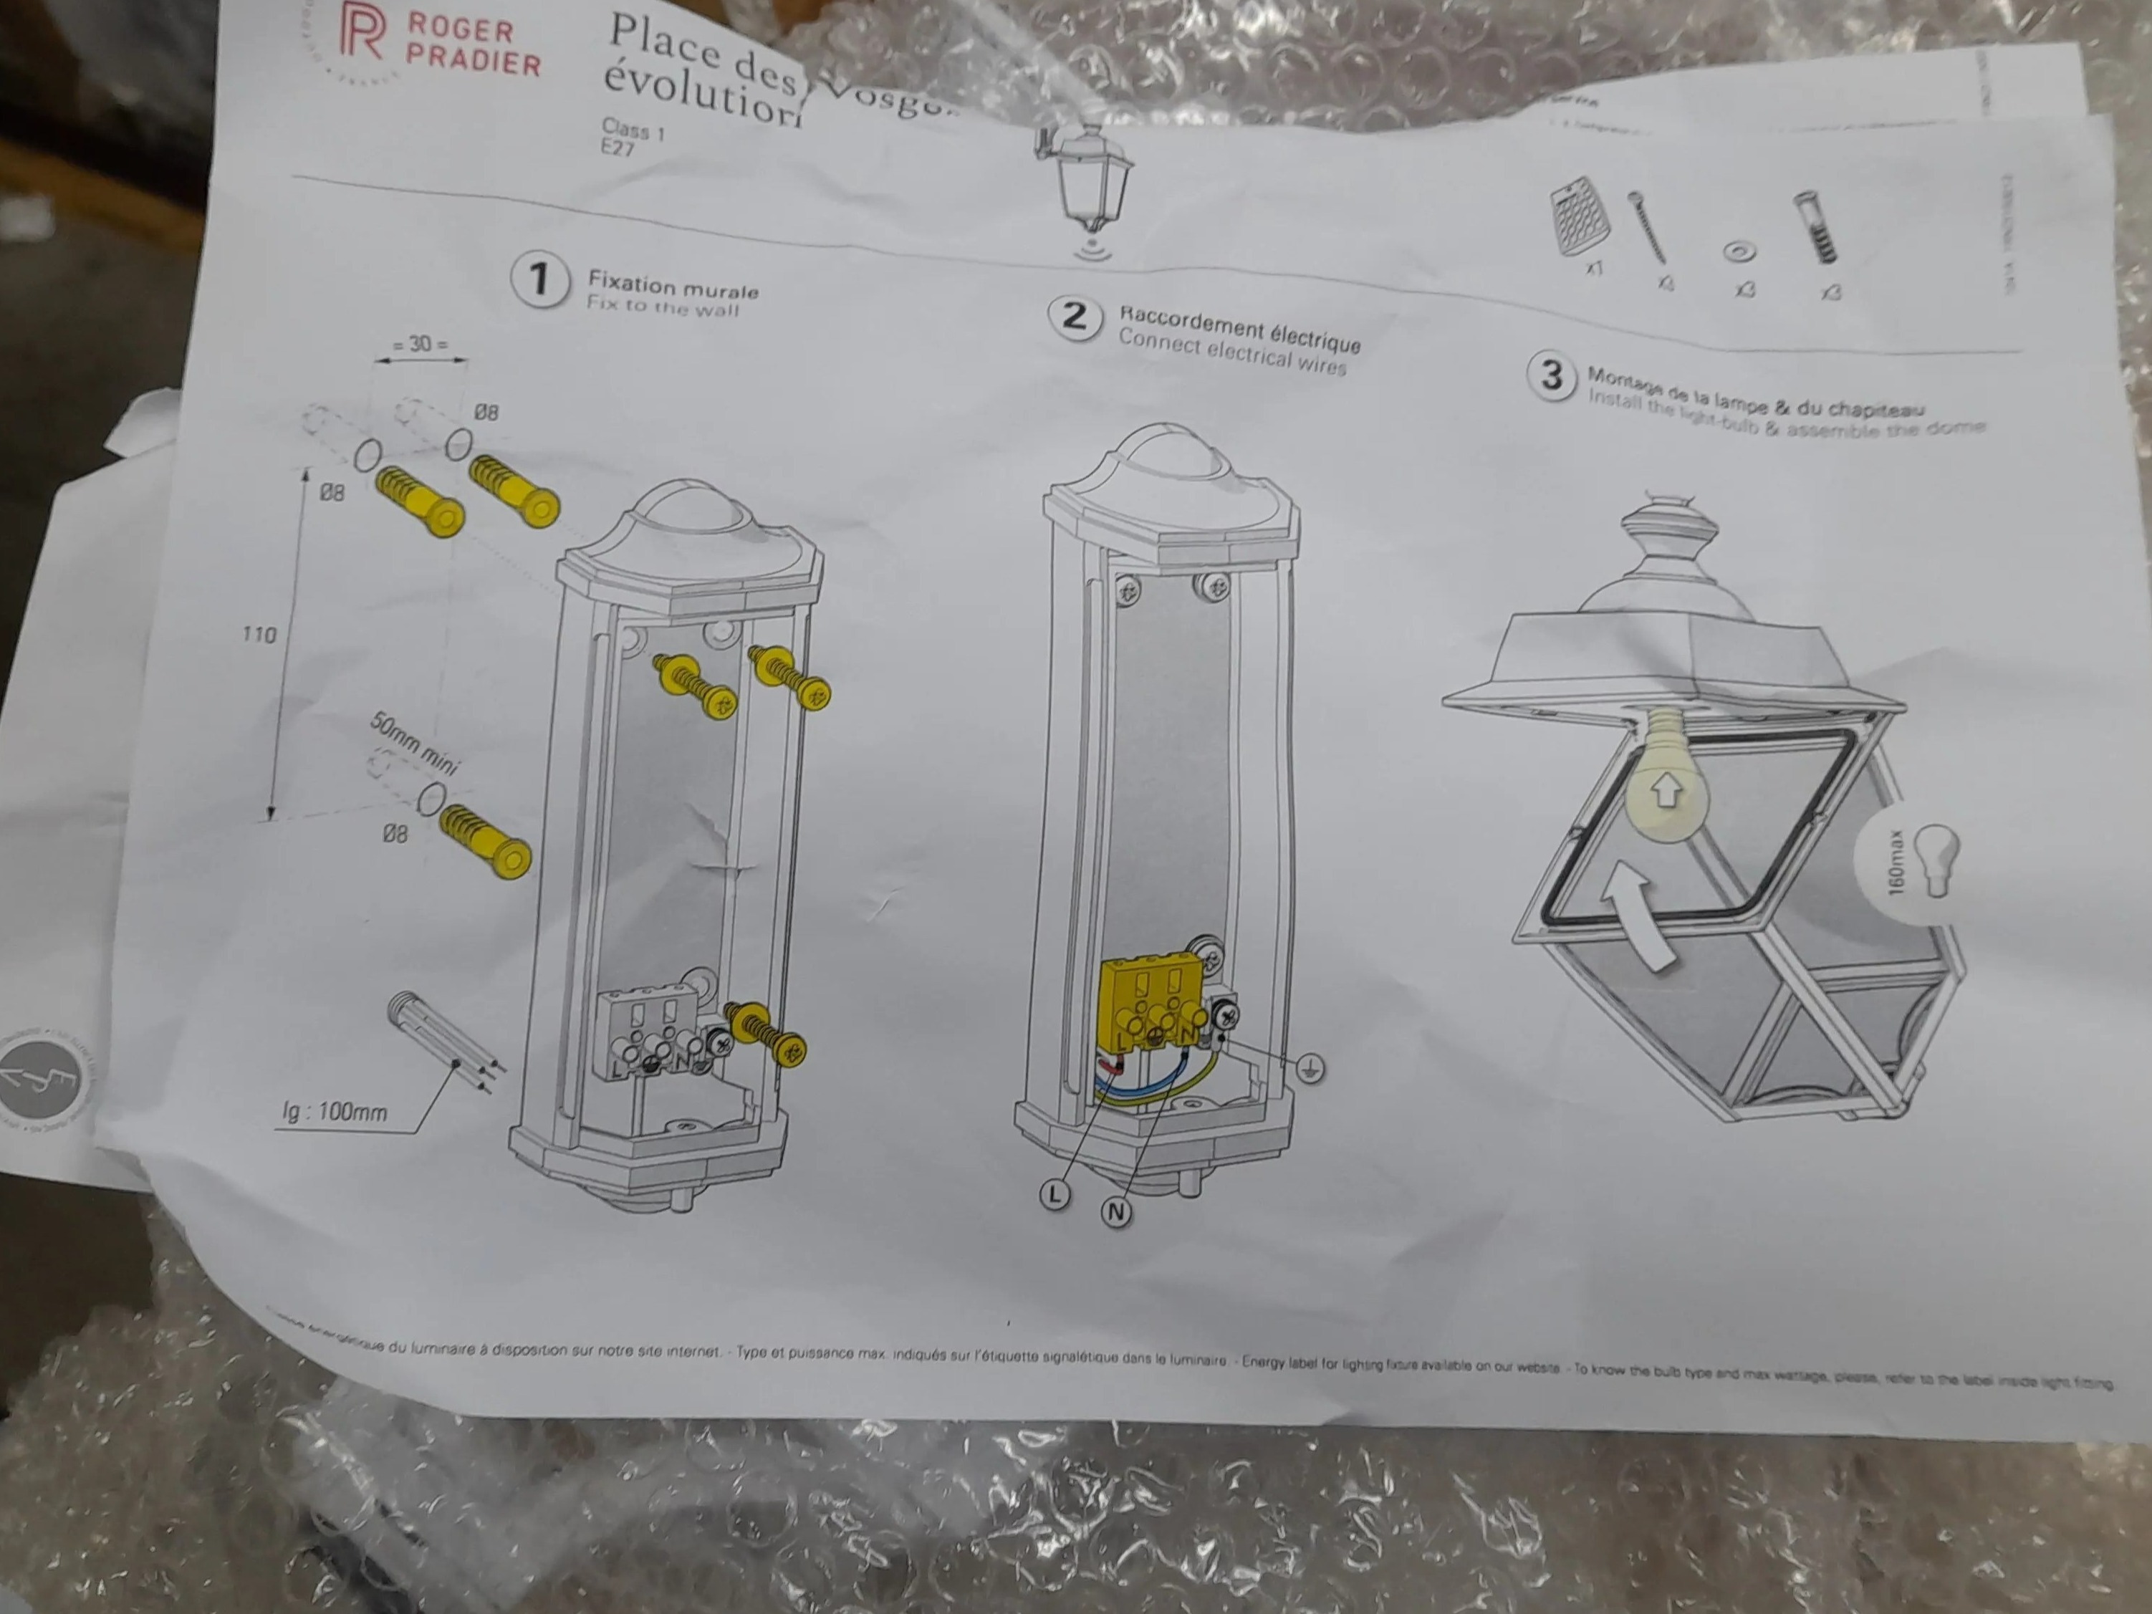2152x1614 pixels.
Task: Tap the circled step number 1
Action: pos(539,280)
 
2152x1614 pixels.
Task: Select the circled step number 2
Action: pos(1073,316)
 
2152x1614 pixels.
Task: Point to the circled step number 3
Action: pos(1552,375)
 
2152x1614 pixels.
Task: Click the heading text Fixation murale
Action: pos(672,287)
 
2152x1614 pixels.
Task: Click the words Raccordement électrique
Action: pos(1239,328)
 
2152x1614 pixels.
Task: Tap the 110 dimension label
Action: pos(259,634)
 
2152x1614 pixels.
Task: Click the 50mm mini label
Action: pos(415,744)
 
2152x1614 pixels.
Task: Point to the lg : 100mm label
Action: pos(334,1111)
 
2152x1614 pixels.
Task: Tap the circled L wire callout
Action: pos(1055,1193)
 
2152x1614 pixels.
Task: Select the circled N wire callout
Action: pos(1117,1212)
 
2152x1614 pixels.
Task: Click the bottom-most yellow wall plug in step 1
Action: pos(484,842)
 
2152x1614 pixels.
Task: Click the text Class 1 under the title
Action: pos(633,130)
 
